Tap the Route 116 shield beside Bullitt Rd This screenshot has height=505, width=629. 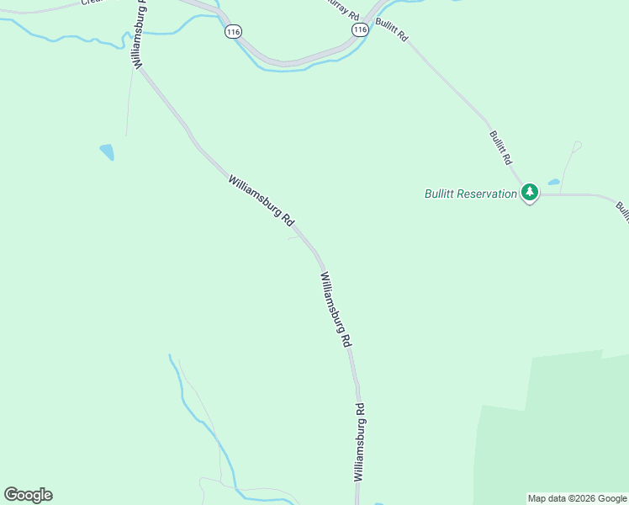pyautogui.click(x=360, y=29)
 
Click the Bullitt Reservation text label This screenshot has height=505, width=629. pyautogui.click(x=471, y=194)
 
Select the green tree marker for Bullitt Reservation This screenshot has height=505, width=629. pyautogui.click(x=529, y=193)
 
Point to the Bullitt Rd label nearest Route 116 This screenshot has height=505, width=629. pyautogui.click(x=392, y=29)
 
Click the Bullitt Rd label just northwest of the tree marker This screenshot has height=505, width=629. pyautogui.click(x=500, y=146)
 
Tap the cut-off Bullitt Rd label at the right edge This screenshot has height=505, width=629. pyautogui.click(x=622, y=210)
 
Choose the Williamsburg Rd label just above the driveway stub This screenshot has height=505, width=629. pyautogui.click(x=262, y=200)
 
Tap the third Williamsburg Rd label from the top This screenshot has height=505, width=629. pyautogui.click(x=335, y=310)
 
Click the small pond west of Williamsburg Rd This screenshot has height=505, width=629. pyautogui.click(x=107, y=151)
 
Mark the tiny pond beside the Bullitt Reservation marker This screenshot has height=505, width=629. pyautogui.click(x=553, y=182)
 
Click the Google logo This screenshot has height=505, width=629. pyautogui.click(x=28, y=495)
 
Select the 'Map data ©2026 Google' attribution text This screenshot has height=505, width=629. pyautogui.click(x=577, y=498)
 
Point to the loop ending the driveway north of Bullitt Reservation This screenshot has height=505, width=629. pyautogui.click(x=577, y=146)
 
